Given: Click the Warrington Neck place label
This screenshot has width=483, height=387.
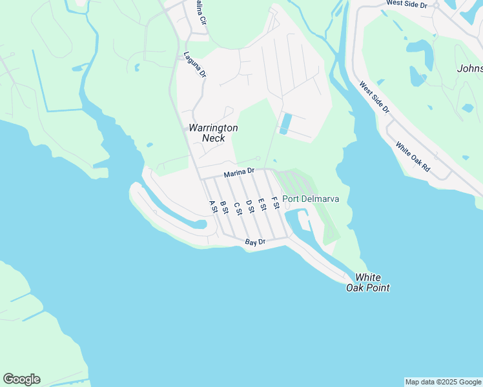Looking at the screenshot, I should (213, 133).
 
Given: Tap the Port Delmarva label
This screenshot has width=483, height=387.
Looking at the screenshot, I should (311, 199).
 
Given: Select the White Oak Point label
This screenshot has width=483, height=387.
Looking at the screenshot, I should (368, 283).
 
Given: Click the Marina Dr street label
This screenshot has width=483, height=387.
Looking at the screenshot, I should (240, 174).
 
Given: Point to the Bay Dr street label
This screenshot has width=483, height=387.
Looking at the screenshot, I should (256, 243).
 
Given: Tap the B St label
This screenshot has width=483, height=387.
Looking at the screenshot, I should (224, 206).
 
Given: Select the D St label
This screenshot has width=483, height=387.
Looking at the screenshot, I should (249, 206).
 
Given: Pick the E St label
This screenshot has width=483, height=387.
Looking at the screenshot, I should (262, 204).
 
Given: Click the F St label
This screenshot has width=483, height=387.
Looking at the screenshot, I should (276, 203).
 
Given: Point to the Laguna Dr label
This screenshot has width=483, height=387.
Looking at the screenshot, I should (194, 64).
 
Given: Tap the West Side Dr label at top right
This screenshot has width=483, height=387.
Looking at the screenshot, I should (407, 4).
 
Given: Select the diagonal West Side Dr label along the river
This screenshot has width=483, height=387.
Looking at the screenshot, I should (375, 97).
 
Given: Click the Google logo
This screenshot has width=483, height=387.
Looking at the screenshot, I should (21, 379).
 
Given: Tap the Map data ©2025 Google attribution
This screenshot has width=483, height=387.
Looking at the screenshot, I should (443, 382).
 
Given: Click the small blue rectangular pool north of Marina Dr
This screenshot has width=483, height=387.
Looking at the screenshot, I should (285, 123).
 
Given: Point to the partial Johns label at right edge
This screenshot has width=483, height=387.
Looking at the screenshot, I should (469, 68).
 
